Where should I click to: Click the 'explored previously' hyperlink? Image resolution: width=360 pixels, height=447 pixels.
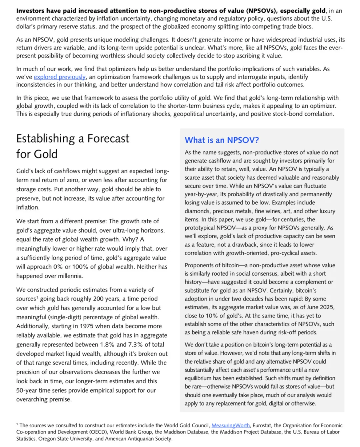coord(60,77)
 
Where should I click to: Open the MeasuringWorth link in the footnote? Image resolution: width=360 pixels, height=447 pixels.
coord(231,425)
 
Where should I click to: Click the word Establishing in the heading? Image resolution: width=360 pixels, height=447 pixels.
coord(46,138)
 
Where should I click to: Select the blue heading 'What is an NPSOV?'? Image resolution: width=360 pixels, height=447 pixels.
coord(222,140)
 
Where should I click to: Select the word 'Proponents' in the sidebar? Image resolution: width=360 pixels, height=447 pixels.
coord(200,265)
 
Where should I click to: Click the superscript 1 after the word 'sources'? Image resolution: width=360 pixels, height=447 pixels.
coord(37,297)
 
